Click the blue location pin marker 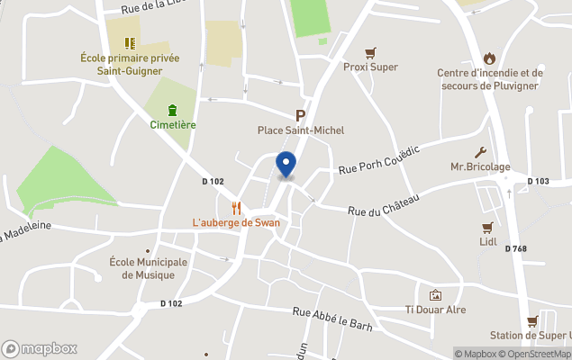(286, 165)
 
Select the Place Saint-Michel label (301, 130)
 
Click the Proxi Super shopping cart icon (370, 52)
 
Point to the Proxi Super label (370, 67)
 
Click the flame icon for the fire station (489, 58)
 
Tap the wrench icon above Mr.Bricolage (480, 152)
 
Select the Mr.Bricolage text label (480, 167)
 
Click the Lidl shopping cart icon (487, 227)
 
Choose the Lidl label (487, 242)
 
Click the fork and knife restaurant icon (236, 207)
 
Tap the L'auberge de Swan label (236, 222)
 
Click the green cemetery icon (172, 110)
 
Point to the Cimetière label (173, 125)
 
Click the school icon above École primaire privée (130, 42)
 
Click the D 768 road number (515, 248)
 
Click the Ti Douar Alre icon (436, 295)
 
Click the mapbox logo (39, 348)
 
